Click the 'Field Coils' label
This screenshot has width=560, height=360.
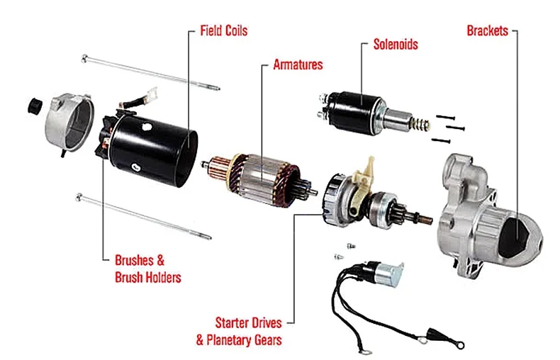coord(223,30)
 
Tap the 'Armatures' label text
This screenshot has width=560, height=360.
coord(298,64)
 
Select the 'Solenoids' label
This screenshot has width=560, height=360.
coord(396,44)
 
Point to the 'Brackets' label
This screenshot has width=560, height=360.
coord(487,30)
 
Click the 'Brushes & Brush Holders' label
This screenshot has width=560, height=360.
coord(148,269)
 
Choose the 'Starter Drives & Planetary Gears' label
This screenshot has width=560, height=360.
coord(239,331)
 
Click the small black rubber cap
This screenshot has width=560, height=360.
coord(35,106)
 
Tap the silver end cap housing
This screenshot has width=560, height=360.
coord(69,122)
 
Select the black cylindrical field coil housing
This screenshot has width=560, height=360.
coord(154,150)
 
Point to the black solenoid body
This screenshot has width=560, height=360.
coord(354,112)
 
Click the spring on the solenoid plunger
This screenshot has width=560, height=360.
coord(420,123)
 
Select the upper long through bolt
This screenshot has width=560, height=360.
coord(150,73)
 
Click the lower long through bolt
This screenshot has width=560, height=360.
coord(144,216)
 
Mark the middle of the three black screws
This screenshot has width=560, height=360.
coord(454,128)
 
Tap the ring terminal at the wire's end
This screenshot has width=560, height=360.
coord(461,345)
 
